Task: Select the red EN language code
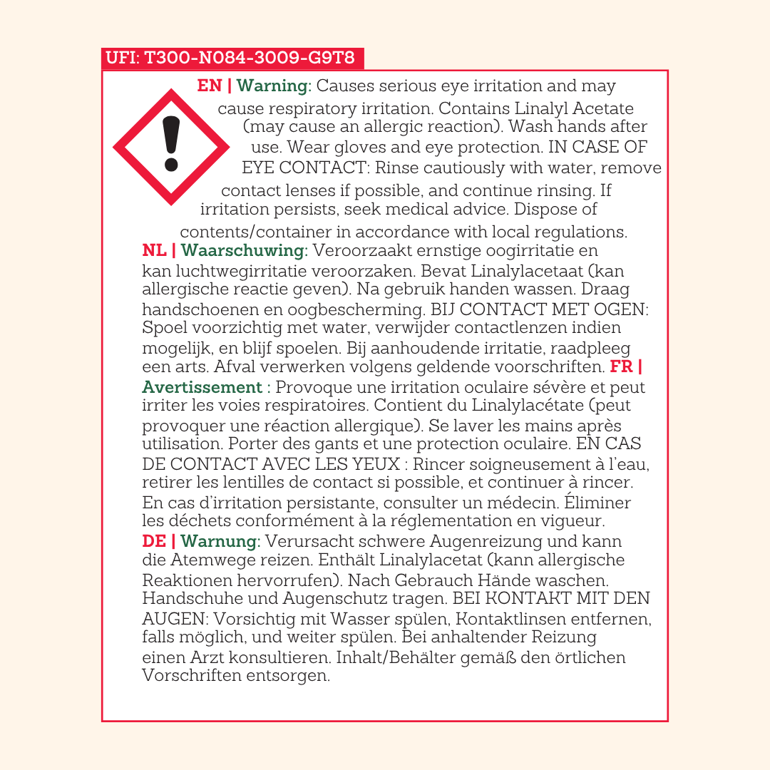(210, 86)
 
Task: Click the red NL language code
(155, 250)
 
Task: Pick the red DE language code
(154, 541)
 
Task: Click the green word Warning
(272, 86)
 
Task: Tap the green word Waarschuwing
(243, 250)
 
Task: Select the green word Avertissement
(202, 387)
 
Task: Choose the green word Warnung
(218, 541)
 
